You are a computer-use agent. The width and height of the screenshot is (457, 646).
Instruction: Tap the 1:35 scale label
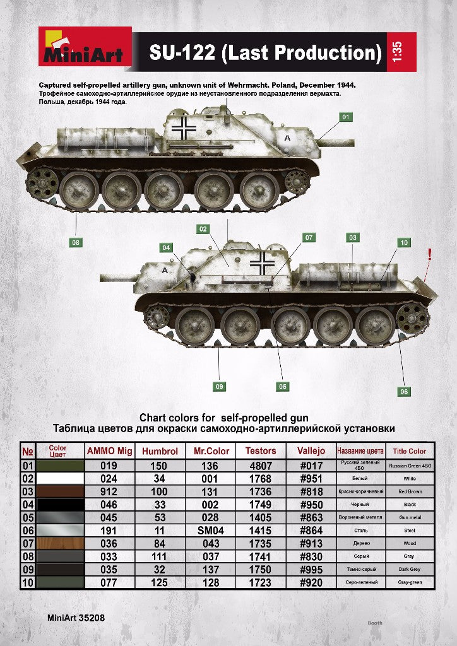pos(396,52)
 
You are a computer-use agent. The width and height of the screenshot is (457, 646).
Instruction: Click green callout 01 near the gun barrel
pos(345,117)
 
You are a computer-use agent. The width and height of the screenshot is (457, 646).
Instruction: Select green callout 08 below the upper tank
pos(76,242)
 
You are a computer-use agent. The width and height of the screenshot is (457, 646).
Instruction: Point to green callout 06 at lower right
pos(404,392)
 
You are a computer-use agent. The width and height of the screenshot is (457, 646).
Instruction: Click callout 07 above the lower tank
pos(309,238)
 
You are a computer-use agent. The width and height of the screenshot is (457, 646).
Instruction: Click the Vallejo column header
pos(311,451)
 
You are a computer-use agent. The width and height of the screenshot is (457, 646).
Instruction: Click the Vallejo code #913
pos(311,543)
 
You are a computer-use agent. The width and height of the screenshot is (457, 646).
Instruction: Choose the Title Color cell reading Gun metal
pos(409,517)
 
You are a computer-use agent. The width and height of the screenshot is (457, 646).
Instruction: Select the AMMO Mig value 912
pos(109,491)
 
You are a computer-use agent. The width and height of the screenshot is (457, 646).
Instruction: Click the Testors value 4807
pos(261,466)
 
